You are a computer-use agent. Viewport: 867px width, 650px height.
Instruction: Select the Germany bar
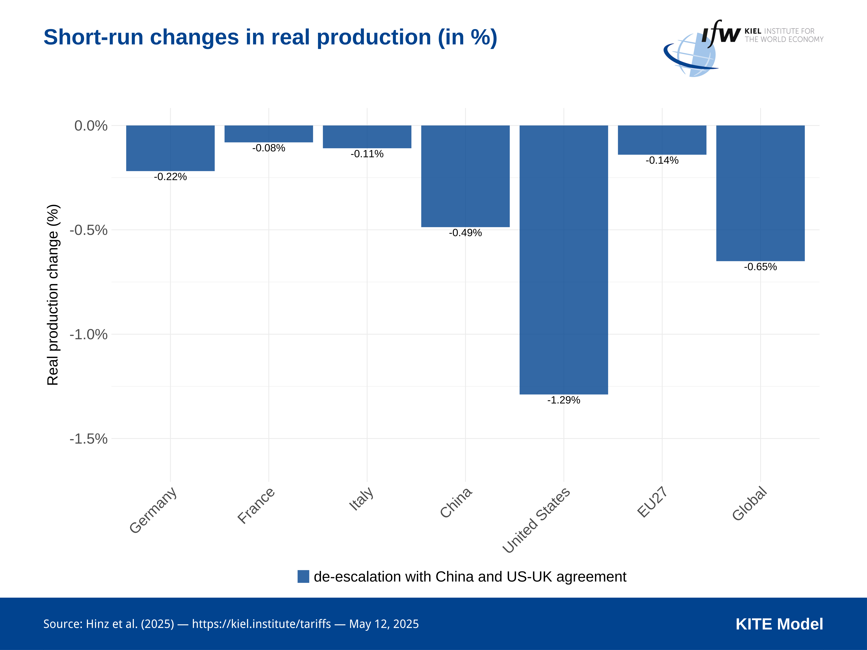pos(170,148)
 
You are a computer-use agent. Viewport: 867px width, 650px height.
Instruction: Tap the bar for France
pos(269,134)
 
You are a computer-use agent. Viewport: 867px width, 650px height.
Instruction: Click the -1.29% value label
pos(564,400)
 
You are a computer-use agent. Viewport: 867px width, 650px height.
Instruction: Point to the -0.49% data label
pos(465,233)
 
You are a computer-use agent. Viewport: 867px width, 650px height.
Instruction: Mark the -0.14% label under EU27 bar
pos(662,160)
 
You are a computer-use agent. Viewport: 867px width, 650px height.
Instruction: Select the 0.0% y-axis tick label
pos(91,126)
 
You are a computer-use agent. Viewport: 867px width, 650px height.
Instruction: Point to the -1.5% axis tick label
pos(89,439)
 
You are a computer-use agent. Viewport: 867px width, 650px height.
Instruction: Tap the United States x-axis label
pos(536,520)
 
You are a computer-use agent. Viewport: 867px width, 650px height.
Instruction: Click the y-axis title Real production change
pos(53,295)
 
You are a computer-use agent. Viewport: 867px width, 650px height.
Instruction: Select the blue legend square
pos(303,576)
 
